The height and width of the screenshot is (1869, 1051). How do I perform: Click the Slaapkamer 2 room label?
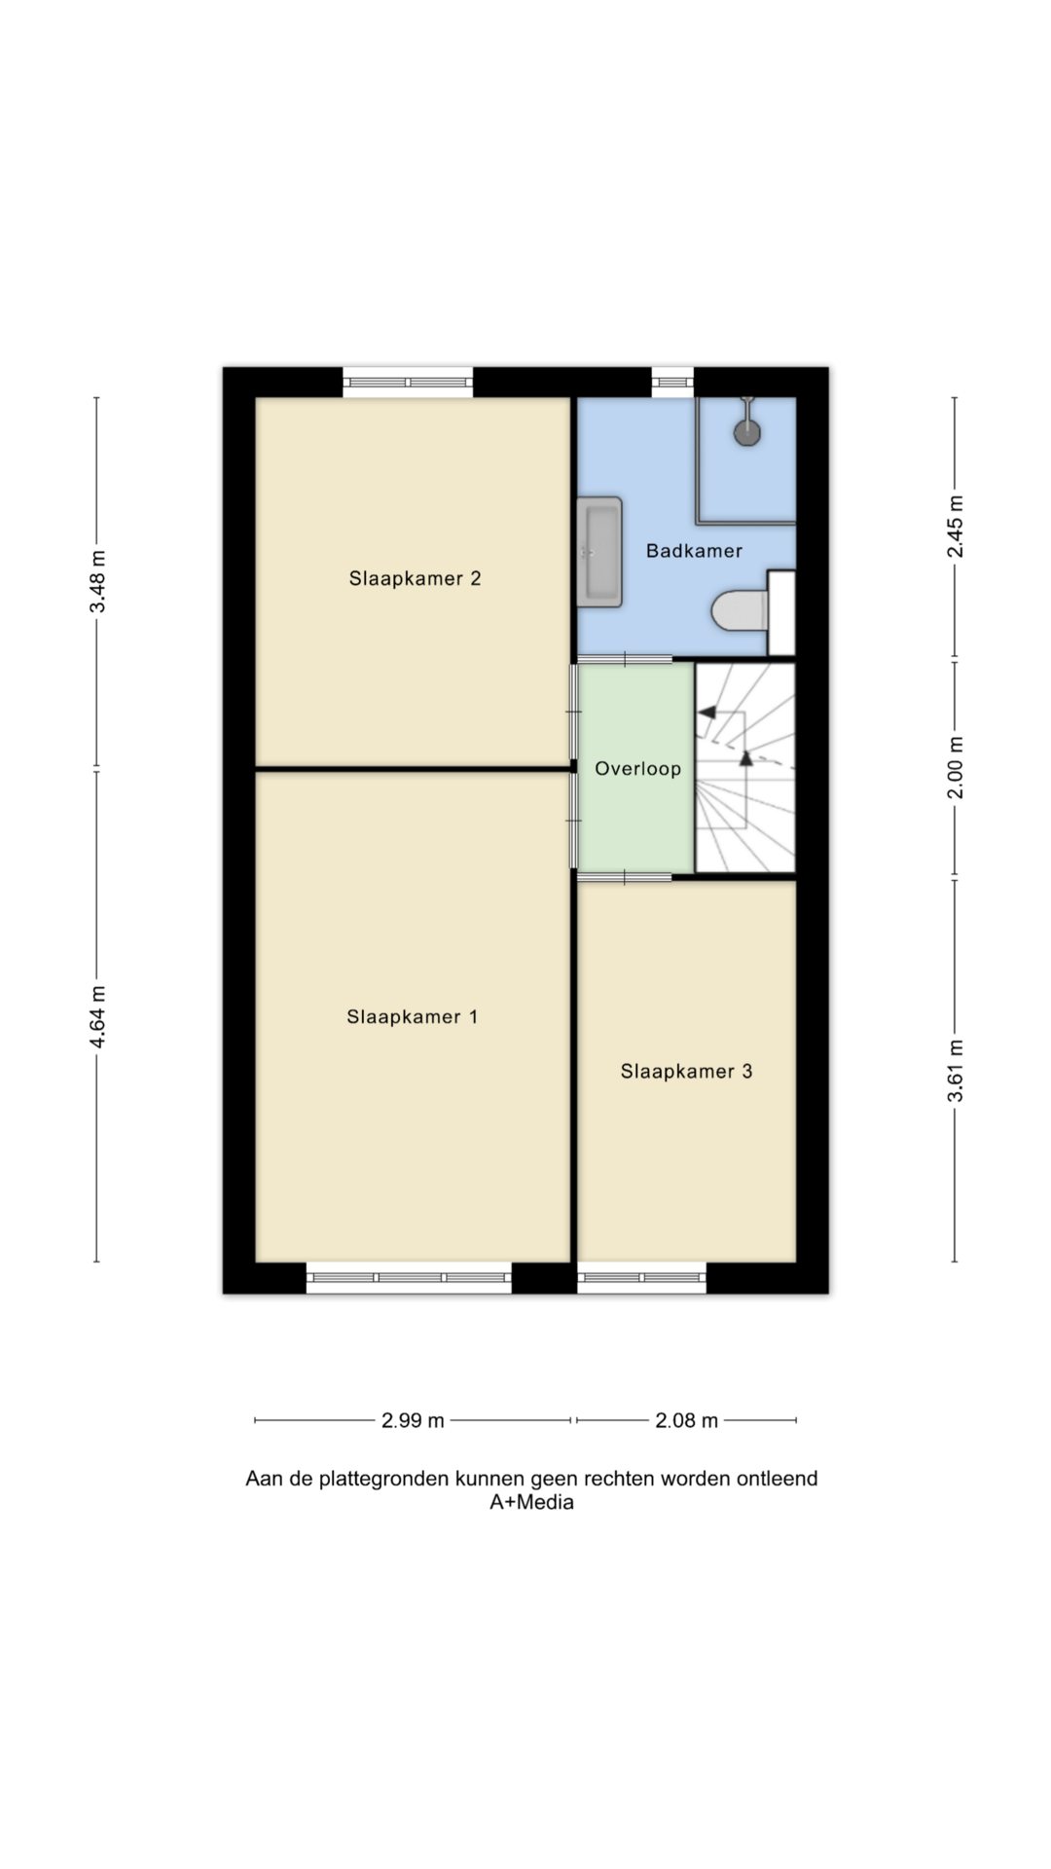click(415, 578)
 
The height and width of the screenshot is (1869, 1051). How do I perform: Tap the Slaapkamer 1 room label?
click(412, 1016)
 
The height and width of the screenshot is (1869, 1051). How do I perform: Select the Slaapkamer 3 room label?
click(686, 1071)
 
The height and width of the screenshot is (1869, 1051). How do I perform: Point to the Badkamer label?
click(694, 551)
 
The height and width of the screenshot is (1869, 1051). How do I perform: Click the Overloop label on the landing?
click(637, 769)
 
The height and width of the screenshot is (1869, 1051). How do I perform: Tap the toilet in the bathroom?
click(741, 611)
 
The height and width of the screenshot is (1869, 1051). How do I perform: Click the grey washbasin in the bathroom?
click(599, 552)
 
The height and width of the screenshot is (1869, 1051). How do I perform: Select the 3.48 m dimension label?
click(97, 582)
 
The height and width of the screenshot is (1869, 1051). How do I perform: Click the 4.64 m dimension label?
click(97, 1017)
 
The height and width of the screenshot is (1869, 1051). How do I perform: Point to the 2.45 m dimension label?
click(955, 527)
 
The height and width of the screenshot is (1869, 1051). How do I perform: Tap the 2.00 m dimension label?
click(955, 767)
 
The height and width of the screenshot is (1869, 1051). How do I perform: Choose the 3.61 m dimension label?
click(955, 1071)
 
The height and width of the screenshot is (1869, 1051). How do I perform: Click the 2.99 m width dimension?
click(413, 1420)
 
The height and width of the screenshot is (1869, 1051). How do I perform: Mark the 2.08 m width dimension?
click(686, 1420)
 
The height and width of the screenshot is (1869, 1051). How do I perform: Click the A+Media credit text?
click(531, 1502)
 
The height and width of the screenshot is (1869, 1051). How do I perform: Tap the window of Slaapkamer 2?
click(408, 382)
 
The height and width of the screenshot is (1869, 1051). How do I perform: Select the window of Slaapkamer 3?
click(641, 1278)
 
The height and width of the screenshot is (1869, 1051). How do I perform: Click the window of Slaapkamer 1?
click(409, 1278)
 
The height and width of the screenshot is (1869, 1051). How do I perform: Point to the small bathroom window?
click(672, 382)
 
